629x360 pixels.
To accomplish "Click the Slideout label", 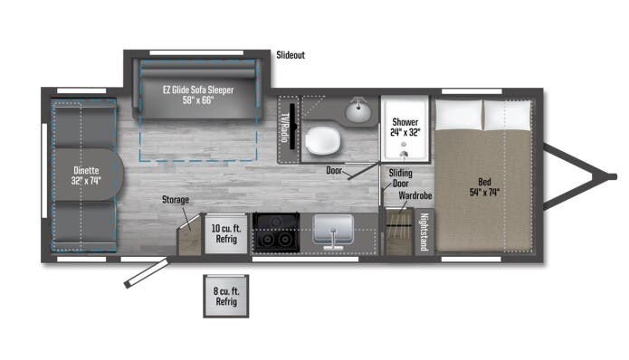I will pyautogui.click(x=291, y=55).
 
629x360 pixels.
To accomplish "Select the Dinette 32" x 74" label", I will pyautogui.click(x=87, y=175).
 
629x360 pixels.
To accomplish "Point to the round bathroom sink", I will pyautogui.click(x=358, y=112).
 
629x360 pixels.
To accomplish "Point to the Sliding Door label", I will pyautogui.click(x=400, y=177).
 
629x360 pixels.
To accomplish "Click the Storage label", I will pyautogui.click(x=176, y=199).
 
